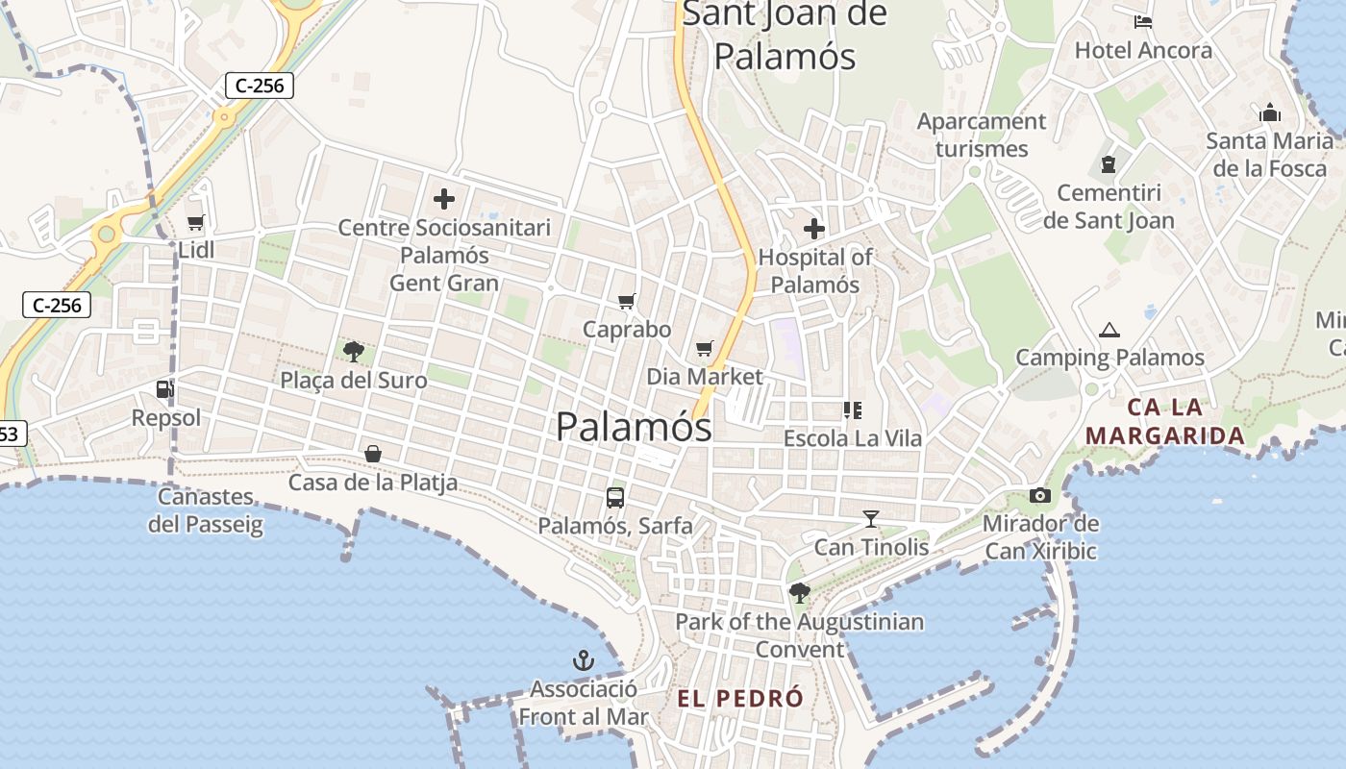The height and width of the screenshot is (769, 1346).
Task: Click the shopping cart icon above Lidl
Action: click(195, 223)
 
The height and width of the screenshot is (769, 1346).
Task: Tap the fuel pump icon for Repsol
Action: click(165, 389)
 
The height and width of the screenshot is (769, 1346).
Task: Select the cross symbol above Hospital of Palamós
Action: click(814, 229)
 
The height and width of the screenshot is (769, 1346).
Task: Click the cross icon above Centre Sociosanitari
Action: click(444, 199)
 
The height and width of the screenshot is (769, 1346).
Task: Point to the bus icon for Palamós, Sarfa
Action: click(615, 498)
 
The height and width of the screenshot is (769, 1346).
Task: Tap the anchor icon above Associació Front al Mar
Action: click(584, 660)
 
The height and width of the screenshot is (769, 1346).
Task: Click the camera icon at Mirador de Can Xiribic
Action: click(1039, 496)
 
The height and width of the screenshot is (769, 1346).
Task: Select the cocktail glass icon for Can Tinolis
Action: click(871, 519)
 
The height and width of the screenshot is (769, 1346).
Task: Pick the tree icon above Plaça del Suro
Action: click(354, 351)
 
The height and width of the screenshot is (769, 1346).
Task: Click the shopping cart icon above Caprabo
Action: click(627, 302)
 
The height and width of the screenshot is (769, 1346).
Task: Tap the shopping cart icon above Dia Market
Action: click(705, 348)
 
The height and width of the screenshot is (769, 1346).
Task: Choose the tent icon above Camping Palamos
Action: click(1109, 330)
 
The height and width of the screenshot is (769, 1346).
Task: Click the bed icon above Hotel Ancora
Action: click(1143, 22)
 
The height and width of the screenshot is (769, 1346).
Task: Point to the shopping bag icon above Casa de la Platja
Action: click(373, 454)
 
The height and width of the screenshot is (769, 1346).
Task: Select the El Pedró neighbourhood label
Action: click(740, 699)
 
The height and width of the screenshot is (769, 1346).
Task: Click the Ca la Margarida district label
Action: click(1165, 421)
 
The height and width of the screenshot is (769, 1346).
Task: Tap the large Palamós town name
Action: click(635, 427)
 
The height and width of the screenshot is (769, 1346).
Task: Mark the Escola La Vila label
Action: click(853, 438)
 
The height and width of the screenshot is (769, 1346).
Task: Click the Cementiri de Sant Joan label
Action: click(1109, 207)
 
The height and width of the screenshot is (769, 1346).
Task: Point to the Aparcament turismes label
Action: click(982, 136)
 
